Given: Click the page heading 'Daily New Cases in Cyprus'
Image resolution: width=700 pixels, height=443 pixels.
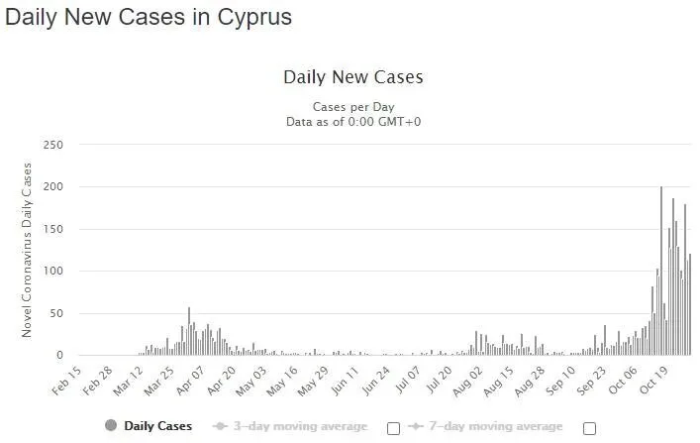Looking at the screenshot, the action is tap(149, 18).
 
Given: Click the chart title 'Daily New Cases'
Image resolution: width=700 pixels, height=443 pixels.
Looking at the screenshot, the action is tap(353, 77).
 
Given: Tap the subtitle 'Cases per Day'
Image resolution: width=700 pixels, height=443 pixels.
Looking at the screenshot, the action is tap(353, 107).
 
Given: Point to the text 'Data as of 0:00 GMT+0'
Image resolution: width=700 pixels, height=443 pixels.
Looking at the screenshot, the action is tap(353, 122).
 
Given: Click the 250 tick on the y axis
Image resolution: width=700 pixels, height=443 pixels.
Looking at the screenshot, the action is tap(53, 145).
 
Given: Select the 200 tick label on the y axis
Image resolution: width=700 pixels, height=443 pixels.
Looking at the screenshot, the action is tap(53, 187).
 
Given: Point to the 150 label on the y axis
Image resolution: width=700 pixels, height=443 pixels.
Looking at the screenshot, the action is tap(53, 229).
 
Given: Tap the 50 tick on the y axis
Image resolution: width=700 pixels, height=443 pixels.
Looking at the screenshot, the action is tap(56, 313).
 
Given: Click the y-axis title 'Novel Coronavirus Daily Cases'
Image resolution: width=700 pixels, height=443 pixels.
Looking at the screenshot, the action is tap(27, 250).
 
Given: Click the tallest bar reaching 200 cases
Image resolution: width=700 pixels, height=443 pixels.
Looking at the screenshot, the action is tap(661, 271).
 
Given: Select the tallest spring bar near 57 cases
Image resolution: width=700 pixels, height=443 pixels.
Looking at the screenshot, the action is tap(189, 331).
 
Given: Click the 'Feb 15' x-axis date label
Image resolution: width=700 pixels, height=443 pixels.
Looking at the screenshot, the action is tap(67, 381).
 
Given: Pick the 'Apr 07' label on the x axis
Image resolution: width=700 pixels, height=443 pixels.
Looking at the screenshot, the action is tap(191, 381).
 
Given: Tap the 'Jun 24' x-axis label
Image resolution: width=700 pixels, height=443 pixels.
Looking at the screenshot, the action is tap(376, 381).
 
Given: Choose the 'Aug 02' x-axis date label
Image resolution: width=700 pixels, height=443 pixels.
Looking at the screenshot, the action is tap(468, 382).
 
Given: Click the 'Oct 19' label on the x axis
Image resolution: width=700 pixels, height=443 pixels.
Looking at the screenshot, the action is tap(654, 381).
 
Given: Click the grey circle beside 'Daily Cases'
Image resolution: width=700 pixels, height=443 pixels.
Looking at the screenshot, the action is tap(111, 425).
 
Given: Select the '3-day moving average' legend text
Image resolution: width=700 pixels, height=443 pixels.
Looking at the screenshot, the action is tap(300, 426).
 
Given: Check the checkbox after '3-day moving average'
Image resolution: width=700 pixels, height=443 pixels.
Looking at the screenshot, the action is tap(393, 429).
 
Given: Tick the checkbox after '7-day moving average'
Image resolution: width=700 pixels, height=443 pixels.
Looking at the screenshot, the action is tap(589, 429).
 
